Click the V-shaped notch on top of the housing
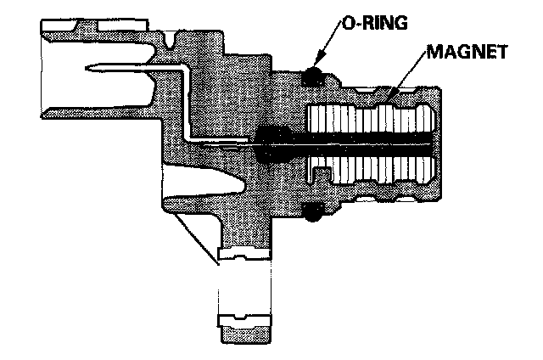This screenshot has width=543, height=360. [173, 38]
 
